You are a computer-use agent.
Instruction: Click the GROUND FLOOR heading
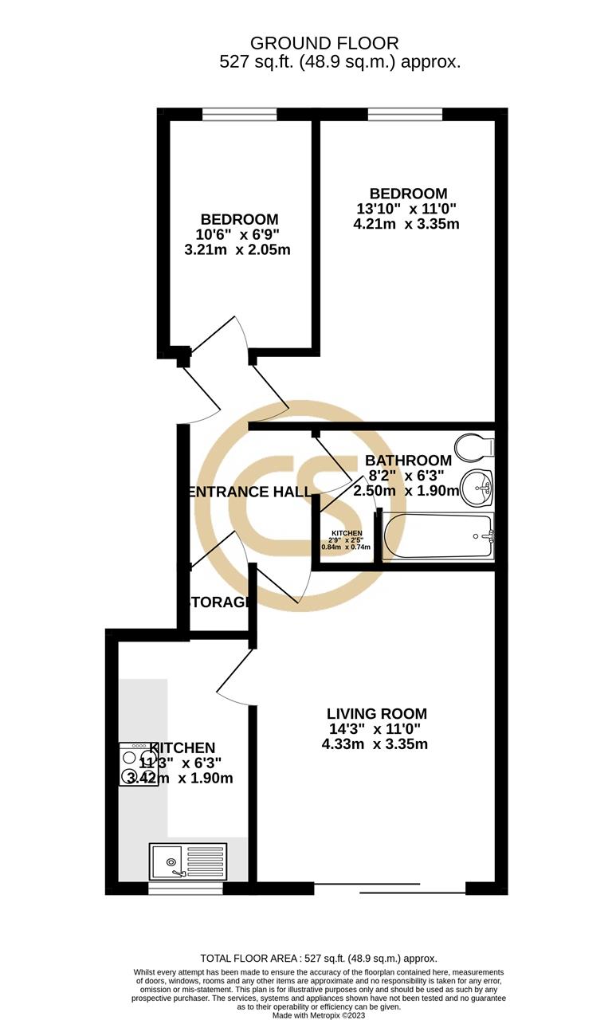coord(324,43)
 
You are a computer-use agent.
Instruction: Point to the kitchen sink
coord(188,862)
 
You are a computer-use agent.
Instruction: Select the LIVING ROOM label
coord(377,714)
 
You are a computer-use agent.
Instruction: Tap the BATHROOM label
coord(408,461)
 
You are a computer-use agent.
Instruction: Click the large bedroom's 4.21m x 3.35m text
coord(406,224)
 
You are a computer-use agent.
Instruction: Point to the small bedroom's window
coord(239,115)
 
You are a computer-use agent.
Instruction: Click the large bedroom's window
coord(405,115)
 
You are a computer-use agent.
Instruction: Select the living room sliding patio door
coord(390,888)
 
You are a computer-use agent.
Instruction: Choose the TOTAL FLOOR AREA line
coord(318,959)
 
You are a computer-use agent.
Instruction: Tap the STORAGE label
coord(218,602)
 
